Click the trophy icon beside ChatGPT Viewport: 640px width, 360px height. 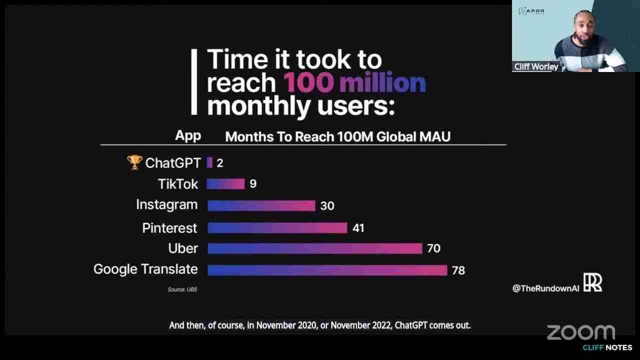134,162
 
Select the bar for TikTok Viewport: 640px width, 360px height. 225,184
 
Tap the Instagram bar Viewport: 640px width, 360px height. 261,205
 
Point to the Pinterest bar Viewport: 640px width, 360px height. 277,228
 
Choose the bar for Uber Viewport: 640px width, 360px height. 314,248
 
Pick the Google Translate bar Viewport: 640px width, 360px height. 327,270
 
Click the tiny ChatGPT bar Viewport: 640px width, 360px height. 209,162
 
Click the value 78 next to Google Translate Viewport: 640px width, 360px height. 458,270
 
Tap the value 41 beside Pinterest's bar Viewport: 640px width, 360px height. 358,228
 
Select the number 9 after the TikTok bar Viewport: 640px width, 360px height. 252,184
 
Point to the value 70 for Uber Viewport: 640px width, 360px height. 433,248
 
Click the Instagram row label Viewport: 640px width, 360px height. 166,205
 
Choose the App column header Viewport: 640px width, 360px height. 188,136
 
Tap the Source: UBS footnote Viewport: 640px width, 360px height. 182,289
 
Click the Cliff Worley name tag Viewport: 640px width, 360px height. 536,66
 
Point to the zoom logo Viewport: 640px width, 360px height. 580,332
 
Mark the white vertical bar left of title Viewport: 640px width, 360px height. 194,82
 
